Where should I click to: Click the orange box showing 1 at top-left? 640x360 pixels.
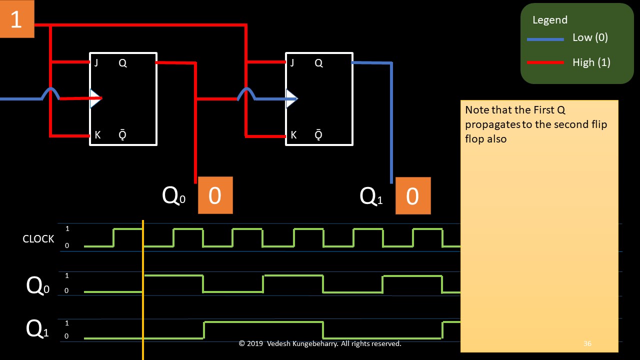click(x=16, y=19)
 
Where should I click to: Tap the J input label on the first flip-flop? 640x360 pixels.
click(x=96, y=63)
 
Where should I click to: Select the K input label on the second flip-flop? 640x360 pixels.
click(x=293, y=135)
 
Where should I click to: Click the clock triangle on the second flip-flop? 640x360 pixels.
click(x=291, y=98)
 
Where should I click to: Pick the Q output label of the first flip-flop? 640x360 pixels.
click(x=122, y=63)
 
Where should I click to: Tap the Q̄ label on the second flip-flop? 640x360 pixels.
click(x=318, y=135)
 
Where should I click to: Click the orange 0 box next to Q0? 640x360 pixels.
click(x=215, y=195)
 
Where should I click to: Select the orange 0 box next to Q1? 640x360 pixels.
click(x=412, y=196)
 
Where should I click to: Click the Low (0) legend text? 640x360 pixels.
click(x=590, y=37)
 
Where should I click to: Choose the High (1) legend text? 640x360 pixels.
click(x=591, y=62)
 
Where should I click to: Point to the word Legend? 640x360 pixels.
click(x=549, y=20)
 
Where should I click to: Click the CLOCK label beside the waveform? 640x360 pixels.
click(x=38, y=239)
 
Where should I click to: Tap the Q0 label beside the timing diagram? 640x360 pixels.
click(x=38, y=286)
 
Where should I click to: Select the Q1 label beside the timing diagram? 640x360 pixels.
click(x=37, y=329)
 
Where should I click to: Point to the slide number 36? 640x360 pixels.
click(x=587, y=343)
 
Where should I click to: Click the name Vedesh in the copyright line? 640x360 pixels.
click(x=282, y=343)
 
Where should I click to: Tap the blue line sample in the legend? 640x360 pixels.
click(x=545, y=38)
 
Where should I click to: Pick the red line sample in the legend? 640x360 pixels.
click(x=545, y=63)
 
